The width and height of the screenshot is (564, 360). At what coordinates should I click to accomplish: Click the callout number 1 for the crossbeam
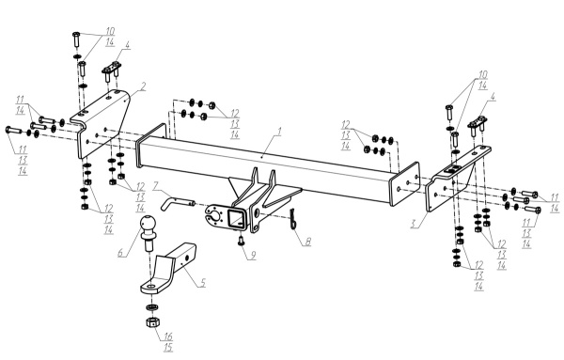[279, 132]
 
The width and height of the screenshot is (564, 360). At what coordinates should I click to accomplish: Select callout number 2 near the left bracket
[143, 86]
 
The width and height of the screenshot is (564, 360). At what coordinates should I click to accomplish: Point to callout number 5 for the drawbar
[202, 282]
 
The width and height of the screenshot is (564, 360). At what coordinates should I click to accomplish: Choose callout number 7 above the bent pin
[156, 185]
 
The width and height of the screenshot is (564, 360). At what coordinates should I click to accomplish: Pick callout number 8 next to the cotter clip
[308, 242]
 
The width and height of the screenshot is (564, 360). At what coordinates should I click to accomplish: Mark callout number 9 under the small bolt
[253, 256]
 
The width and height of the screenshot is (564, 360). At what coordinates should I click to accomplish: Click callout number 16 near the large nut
[168, 337]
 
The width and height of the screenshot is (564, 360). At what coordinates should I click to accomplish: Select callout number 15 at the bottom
[168, 348]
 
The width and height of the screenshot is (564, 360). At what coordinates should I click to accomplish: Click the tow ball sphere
[149, 224]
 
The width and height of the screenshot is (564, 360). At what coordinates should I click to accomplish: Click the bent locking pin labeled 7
[177, 202]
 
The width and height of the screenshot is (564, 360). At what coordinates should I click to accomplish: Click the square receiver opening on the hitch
[236, 218]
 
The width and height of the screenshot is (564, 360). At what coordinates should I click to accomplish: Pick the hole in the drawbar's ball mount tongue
[151, 287]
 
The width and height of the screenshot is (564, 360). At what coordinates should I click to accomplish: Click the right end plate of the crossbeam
[405, 184]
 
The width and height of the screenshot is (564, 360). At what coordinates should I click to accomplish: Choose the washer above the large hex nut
[151, 307]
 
